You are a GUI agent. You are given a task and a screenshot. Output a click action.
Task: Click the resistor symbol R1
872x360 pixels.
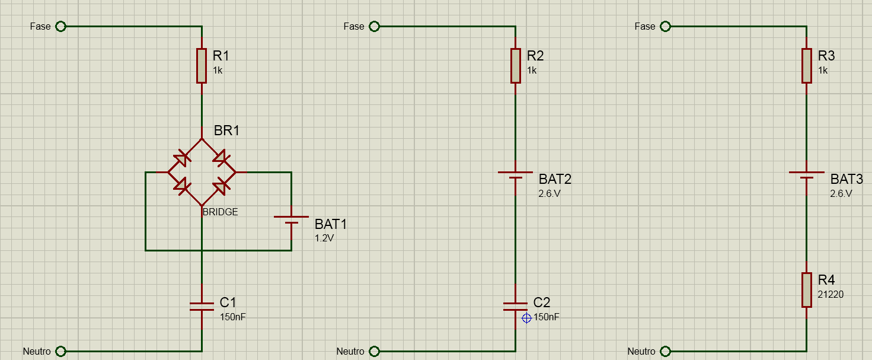coord(202,66)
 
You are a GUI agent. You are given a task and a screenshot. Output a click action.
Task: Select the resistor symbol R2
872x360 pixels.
coord(515,66)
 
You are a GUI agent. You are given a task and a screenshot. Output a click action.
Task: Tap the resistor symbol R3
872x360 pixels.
coord(806,66)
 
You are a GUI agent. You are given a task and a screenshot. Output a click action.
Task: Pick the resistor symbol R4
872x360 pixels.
coord(806,290)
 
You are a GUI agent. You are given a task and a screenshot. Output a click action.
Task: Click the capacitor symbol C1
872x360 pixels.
coord(202,307)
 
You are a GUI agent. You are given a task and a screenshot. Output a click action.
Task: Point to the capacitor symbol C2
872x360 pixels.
coord(515,307)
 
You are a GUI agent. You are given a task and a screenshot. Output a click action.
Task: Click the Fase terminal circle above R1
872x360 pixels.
coord(60,27)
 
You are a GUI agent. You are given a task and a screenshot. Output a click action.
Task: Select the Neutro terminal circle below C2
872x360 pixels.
coord(374,352)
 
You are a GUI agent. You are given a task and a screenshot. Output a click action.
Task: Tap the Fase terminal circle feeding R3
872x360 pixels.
coord(665,27)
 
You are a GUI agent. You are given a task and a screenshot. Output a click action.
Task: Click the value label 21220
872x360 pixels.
coord(831,295)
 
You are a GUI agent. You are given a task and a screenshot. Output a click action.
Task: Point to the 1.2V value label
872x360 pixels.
coord(324,238)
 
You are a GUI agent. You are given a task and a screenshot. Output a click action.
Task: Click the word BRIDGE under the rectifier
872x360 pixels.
coord(220,212)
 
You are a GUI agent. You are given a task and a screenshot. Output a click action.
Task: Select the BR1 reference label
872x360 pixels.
coord(226,130)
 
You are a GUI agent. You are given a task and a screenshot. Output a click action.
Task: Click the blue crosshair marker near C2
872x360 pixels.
coord(526,318)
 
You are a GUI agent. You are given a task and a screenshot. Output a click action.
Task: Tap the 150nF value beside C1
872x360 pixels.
coord(233,317)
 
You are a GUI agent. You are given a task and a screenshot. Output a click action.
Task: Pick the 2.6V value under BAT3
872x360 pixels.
coord(841,193)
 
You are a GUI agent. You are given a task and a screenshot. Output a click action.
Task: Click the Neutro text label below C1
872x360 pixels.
coord(37,352)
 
